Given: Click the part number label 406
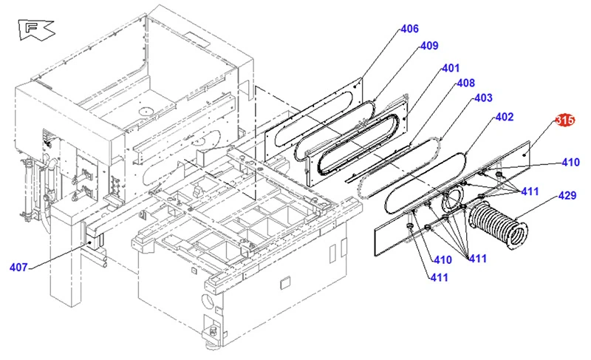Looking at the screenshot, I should pyautogui.click(x=409, y=29).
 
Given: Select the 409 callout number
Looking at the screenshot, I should pyautogui.click(x=429, y=46).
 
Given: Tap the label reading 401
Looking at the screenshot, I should pyautogui.click(x=451, y=68).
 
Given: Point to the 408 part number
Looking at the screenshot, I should pyautogui.click(x=465, y=83).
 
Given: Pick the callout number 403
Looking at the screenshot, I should pyautogui.click(x=482, y=98).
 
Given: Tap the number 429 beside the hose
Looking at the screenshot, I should pyautogui.click(x=567, y=195).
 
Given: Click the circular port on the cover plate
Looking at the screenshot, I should pyautogui.click(x=453, y=198).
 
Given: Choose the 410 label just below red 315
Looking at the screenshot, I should pyautogui.click(x=570, y=163).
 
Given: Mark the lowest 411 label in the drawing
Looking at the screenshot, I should pyautogui.click(x=440, y=277).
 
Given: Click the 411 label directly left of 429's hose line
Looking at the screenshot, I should pyautogui.click(x=530, y=192).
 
